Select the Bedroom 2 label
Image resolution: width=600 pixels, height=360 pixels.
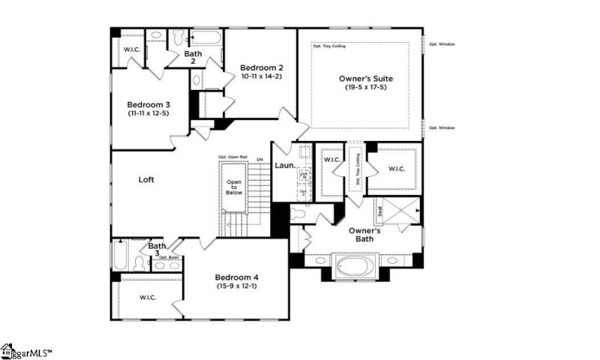pyautogui.click(x=261, y=66)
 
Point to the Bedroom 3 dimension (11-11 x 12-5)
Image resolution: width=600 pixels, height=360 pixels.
pyautogui.click(x=147, y=113)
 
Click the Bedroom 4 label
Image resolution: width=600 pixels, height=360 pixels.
pyautogui.click(x=235, y=276)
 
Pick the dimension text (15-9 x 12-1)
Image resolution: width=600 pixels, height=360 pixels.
pyautogui.click(x=235, y=286)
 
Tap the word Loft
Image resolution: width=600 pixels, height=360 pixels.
pyautogui.click(x=147, y=180)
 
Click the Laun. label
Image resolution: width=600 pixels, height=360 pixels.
pyautogui.click(x=283, y=166)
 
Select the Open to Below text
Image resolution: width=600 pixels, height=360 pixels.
pyautogui.click(x=235, y=187)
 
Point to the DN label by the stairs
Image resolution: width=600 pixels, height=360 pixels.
pyautogui.click(x=259, y=159)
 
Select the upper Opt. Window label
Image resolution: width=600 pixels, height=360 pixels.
pyautogui.click(x=442, y=43)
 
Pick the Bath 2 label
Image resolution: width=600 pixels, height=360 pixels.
pyautogui.click(x=193, y=57)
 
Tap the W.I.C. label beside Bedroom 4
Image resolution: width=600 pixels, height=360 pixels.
pyautogui.click(x=147, y=298)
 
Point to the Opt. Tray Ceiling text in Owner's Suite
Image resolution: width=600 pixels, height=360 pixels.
pyautogui.click(x=327, y=46)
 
